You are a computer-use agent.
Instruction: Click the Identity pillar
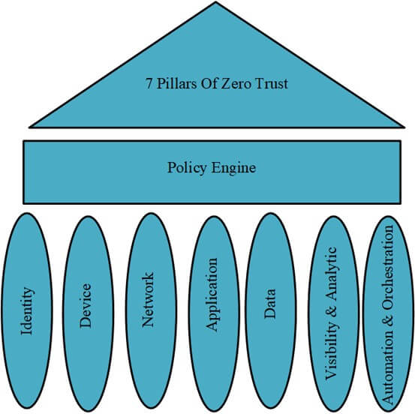pyautogui.click(x=27, y=311)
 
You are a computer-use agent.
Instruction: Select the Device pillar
pyautogui.click(x=89, y=313)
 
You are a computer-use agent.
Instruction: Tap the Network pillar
pyautogui.click(x=151, y=311)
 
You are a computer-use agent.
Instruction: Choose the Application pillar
pyautogui.click(x=214, y=313)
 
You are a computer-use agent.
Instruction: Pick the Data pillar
pyautogui.click(x=270, y=311)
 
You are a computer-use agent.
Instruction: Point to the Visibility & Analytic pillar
pyautogui.click(x=333, y=313)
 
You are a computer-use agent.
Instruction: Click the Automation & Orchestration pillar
pyautogui.click(x=388, y=314)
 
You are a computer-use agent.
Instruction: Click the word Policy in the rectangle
pyautogui.click(x=187, y=168)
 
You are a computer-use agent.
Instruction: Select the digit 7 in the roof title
pyautogui.click(x=149, y=84)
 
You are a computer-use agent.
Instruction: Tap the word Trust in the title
pyautogui.click(x=271, y=83)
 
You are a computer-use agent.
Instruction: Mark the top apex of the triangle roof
pyautogui.click(x=215, y=1)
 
